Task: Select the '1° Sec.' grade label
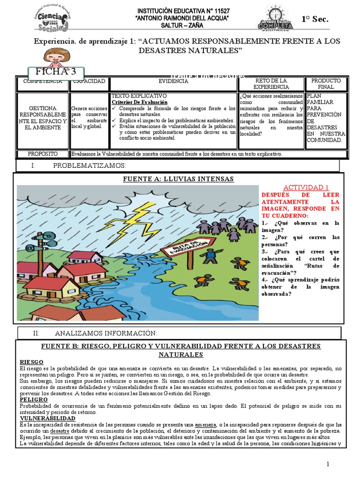click(x=315, y=19)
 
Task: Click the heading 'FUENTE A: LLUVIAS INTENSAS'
click(x=178, y=179)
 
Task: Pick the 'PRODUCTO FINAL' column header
click(x=326, y=84)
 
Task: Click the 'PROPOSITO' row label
click(x=42, y=154)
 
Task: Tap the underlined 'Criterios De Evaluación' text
click(x=139, y=102)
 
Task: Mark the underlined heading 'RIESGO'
click(x=31, y=362)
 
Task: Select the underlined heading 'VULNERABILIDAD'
click(x=47, y=418)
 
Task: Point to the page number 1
click(x=328, y=464)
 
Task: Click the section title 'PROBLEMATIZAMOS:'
click(x=89, y=165)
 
